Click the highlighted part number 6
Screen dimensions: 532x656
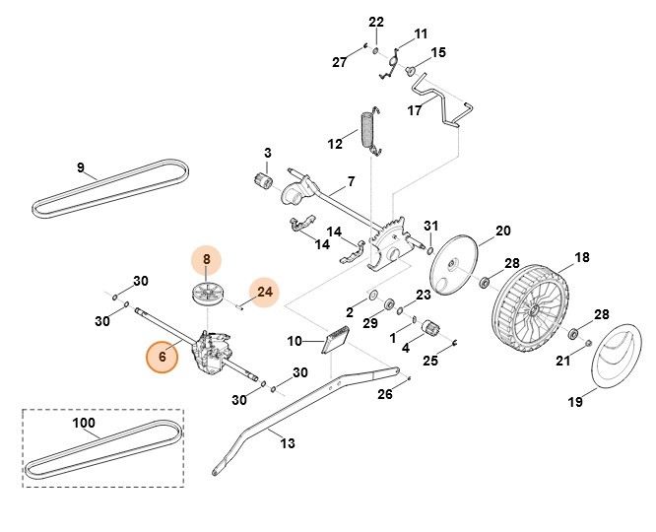tap(162, 357)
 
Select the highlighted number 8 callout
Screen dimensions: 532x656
tap(207, 261)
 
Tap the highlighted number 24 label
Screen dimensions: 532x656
tap(263, 292)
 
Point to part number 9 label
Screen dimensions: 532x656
tap(80, 166)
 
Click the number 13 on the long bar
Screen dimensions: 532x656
tap(289, 444)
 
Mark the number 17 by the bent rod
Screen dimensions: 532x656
tap(415, 111)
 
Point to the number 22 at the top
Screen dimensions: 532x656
tap(375, 22)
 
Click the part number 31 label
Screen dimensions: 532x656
tap(430, 228)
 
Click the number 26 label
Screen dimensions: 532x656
tap(385, 396)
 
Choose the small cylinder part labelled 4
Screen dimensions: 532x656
tap(431, 329)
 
